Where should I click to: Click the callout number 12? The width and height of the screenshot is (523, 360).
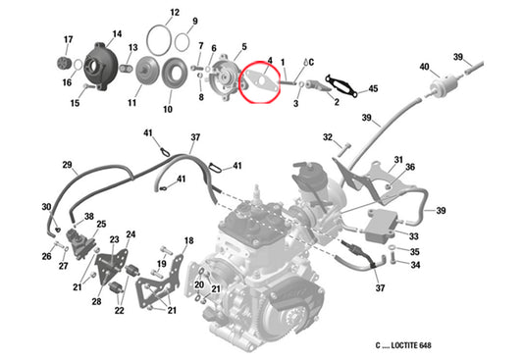coord(174,13)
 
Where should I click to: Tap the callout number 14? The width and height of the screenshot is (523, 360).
coord(117,34)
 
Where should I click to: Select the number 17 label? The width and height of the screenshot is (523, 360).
coord(68,40)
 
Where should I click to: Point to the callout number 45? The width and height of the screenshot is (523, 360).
coord(372,89)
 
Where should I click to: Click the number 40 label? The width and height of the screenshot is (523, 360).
coord(424,67)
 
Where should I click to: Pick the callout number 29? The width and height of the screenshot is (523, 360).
coord(68,164)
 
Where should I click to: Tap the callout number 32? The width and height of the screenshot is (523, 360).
coord(328,137)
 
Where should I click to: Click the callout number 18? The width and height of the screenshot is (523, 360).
coord(188,240)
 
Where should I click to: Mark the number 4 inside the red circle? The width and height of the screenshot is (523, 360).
coord(270,61)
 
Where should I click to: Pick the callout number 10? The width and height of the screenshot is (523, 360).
coord(167,109)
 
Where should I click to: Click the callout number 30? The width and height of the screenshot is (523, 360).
coord(45,206)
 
